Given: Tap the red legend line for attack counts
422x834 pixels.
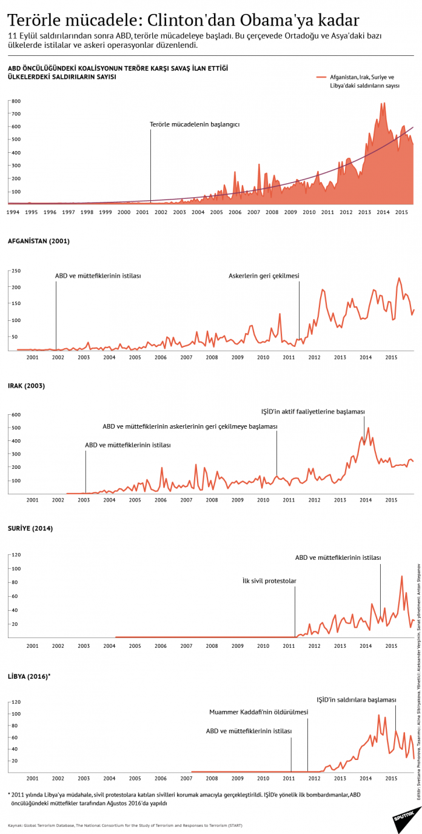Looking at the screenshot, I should click(321, 78).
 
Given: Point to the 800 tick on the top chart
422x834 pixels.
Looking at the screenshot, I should click(16, 101).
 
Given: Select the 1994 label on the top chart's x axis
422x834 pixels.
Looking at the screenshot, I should click(13, 212).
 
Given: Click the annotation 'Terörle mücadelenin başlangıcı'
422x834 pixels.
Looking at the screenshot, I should click(195, 124).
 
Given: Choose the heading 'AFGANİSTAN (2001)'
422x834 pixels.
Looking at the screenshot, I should click(38, 241).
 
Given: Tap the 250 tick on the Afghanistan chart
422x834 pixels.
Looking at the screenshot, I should click(17, 271).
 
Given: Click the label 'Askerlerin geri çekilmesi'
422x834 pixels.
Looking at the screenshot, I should click(264, 276).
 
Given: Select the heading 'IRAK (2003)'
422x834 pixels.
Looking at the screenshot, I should click(26, 386).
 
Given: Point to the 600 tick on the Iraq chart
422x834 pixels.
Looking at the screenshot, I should click(16, 415).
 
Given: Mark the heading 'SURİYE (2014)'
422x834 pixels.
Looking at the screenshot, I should click(30, 528).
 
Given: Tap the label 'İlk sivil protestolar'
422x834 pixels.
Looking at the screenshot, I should click(269, 580).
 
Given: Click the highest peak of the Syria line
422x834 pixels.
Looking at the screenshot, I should click(401, 576).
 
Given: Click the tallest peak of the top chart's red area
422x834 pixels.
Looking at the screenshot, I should click(384, 103).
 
